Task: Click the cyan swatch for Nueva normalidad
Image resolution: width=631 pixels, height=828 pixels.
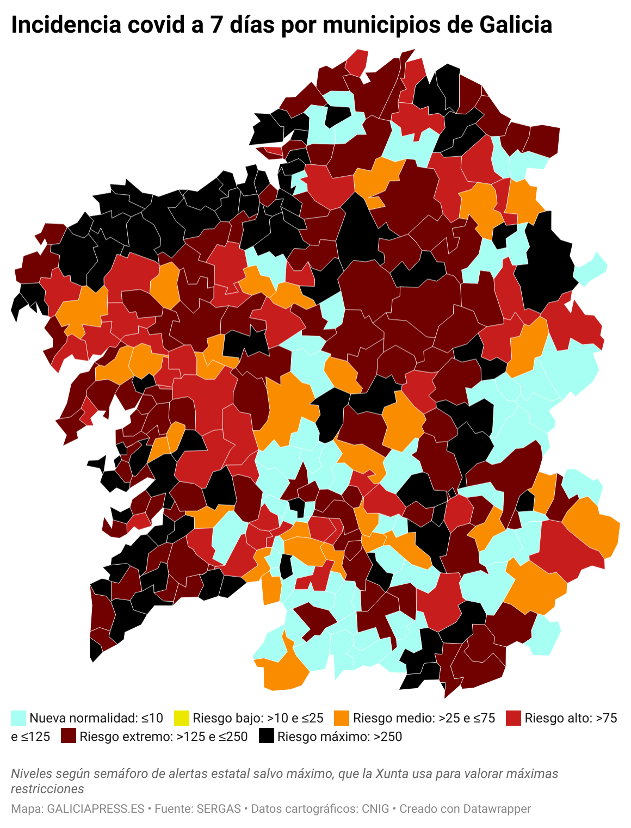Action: [18, 718]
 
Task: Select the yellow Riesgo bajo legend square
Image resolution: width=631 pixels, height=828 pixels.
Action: [181, 718]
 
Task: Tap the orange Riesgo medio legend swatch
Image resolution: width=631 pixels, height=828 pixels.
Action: [342, 718]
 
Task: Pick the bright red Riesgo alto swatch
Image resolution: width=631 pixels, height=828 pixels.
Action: [513, 718]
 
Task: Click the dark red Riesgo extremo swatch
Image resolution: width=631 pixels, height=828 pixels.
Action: [69, 737]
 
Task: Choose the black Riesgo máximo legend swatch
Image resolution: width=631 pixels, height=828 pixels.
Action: [266, 737]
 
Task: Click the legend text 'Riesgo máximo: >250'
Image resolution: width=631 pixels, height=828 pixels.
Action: [339, 737]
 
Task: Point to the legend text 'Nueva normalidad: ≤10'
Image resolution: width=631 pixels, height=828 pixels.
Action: [96, 718]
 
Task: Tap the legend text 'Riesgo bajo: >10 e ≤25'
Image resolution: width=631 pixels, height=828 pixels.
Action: [258, 718]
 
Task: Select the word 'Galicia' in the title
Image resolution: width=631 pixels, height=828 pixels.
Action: [516, 25]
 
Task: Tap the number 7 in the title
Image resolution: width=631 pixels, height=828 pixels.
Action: [216, 25]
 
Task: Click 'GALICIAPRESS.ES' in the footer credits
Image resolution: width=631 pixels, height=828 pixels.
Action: [96, 809]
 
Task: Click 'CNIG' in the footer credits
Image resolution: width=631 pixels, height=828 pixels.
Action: [375, 809]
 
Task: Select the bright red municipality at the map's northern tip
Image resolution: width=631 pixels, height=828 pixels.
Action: [357, 63]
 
